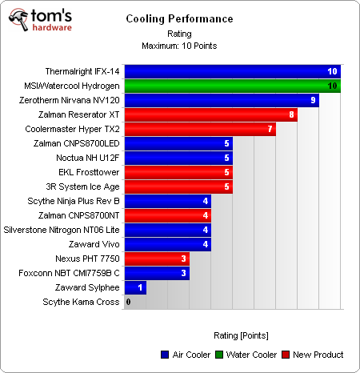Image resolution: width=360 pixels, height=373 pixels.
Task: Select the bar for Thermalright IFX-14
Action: coord(233,72)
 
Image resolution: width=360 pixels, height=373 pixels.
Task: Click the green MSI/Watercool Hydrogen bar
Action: coord(233,86)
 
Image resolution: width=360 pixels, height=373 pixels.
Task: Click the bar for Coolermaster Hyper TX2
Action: coord(200,130)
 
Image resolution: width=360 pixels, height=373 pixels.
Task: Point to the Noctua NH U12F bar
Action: coord(178,158)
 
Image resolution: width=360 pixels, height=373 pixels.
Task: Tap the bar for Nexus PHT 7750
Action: coord(157,259)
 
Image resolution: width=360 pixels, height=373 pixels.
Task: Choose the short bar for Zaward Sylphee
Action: coord(135,287)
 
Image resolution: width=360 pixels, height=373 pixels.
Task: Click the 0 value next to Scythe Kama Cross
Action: coord(128,302)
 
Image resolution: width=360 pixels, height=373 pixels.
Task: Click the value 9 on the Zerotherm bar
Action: coord(314,101)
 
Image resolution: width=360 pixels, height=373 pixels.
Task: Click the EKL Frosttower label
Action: coord(89,172)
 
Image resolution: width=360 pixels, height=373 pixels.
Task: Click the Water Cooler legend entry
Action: coord(250,355)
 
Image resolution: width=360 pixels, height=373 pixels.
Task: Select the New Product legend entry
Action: coord(314,355)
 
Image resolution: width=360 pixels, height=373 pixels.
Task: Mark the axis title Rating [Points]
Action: coord(241,335)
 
